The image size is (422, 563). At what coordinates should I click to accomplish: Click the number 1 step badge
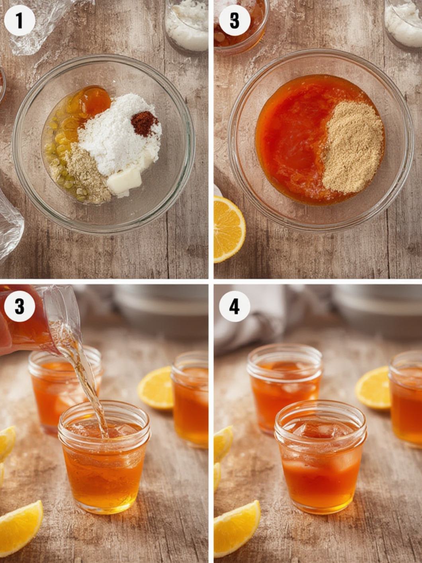coord(20,20)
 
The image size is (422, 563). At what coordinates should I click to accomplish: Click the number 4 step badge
coord(234,307)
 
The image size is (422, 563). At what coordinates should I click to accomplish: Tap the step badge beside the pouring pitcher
coord(20,307)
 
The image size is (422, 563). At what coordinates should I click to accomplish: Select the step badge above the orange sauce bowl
coord(234,20)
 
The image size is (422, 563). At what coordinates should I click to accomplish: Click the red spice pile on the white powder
coord(145,123)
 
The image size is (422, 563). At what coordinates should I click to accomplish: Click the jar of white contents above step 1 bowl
coord(186,24)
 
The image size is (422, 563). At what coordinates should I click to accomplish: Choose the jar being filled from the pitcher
coord(104,458)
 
